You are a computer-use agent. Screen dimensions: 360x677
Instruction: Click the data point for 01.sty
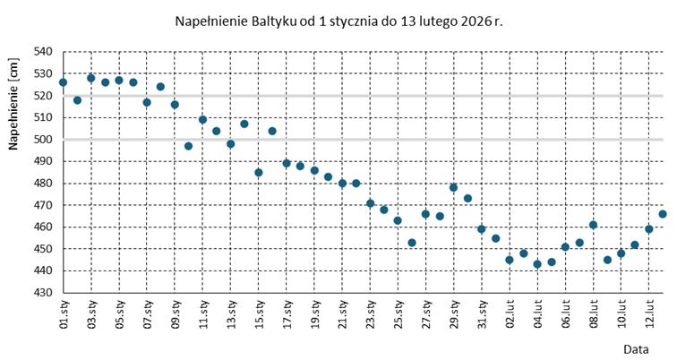pos(63,82)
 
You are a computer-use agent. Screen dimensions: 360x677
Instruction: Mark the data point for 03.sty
pos(90,78)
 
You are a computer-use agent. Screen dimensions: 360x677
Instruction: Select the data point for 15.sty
pos(259,172)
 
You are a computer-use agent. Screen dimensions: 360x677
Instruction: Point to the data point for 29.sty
pos(454,187)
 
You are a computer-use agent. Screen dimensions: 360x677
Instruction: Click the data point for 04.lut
pos(537,264)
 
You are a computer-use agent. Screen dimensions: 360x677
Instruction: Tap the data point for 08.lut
pos(593,225)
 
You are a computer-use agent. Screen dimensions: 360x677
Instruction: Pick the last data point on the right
pos(663,214)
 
